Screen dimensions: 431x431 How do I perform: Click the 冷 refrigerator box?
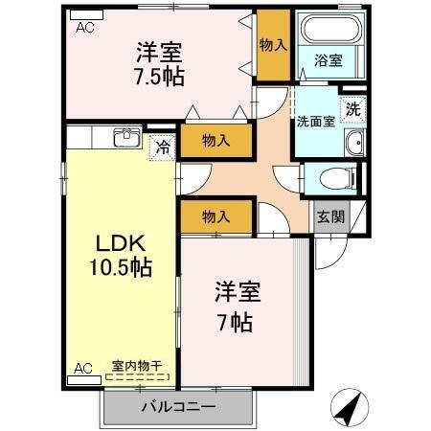[162, 148]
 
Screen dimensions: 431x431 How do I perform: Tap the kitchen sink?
[127, 138]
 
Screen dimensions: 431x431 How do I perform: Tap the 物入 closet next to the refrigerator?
[216, 140]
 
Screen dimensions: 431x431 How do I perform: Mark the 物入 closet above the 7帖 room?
[216, 217]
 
